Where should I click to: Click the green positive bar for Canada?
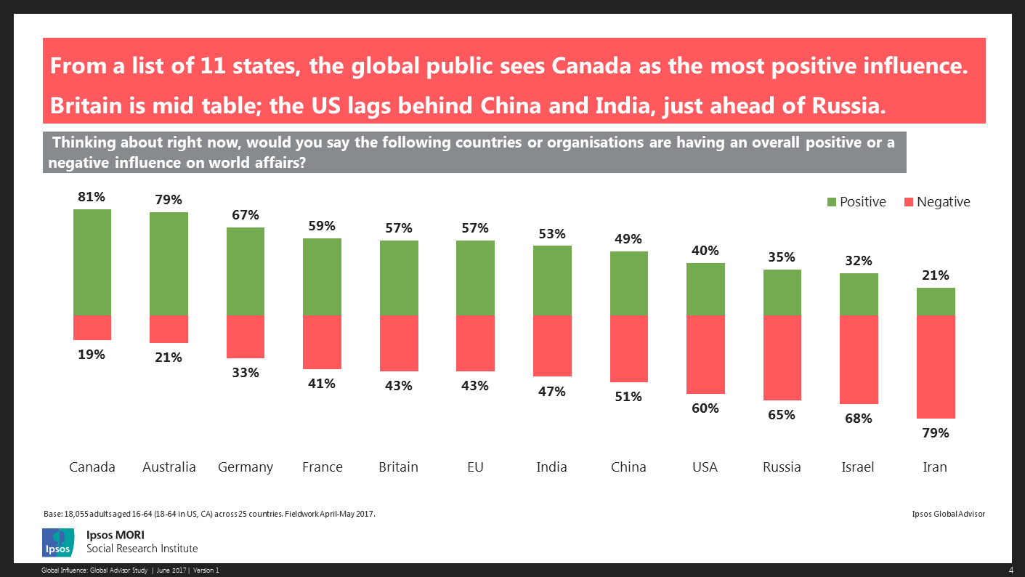click(x=92, y=262)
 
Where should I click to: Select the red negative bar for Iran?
click(x=936, y=366)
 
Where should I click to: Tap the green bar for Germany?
click(x=246, y=271)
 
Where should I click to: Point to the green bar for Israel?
click(x=859, y=294)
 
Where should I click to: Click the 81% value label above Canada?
click(x=92, y=196)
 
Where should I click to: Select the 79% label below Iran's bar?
click(x=936, y=433)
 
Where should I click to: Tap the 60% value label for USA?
click(x=705, y=408)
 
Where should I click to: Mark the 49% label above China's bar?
click(x=628, y=239)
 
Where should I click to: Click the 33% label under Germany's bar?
click(x=246, y=373)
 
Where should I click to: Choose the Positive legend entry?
click(x=856, y=202)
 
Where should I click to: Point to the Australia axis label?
click(x=169, y=467)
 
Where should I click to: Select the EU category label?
click(x=476, y=467)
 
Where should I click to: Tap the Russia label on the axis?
click(x=782, y=467)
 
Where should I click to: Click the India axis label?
click(x=552, y=467)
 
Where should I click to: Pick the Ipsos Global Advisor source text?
click(x=948, y=514)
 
